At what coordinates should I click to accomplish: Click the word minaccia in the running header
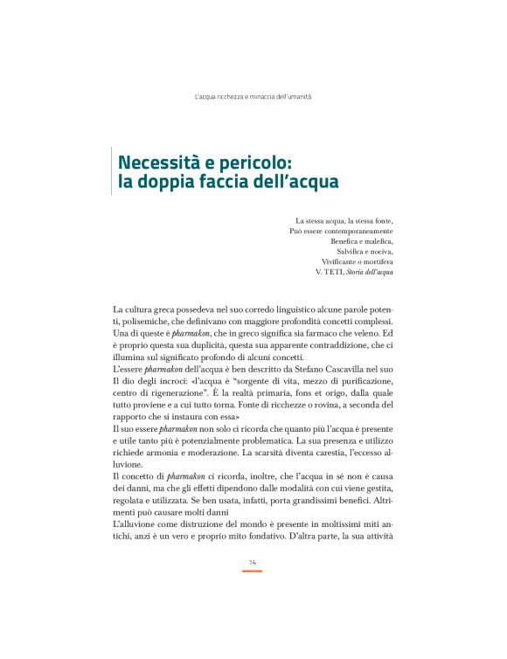point(262,95)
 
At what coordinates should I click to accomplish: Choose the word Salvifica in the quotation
point(353,252)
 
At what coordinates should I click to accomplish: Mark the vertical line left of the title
point(112,172)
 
